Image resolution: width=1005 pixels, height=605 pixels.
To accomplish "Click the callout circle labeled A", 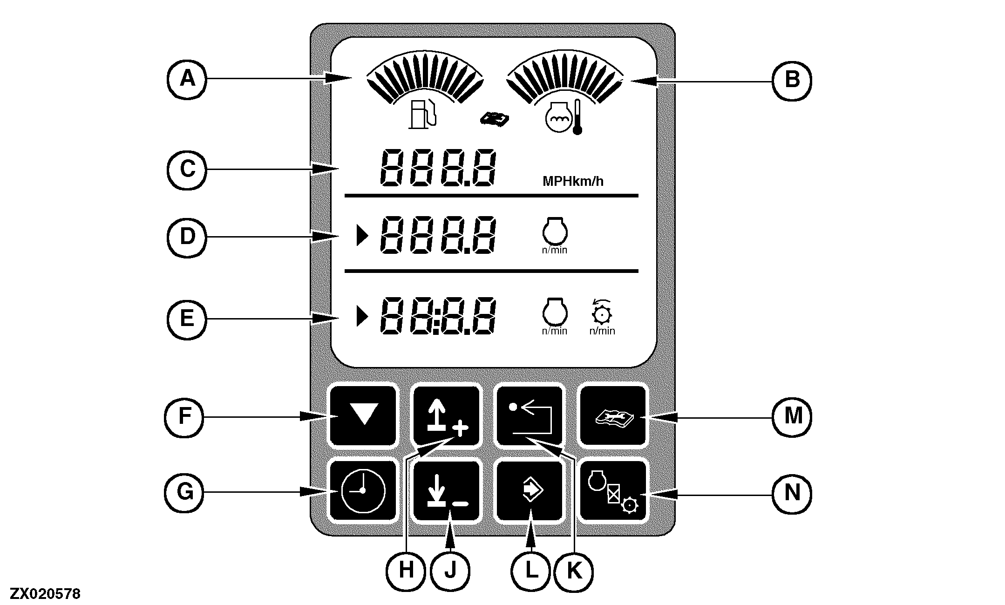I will pyautogui.click(x=187, y=79).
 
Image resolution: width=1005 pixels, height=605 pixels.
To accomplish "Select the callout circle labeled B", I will pyautogui.click(x=792, y=80).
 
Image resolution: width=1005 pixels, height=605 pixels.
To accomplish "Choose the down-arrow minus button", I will pyautogui.click(x=447, y=492).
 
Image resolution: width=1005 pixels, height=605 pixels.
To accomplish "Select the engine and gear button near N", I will pyautogui.click(x=613, y=492).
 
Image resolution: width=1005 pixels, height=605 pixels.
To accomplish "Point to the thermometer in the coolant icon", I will pyautogui.click(x=577, y=117).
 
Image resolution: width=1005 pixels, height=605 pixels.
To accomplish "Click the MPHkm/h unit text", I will pyautogui.click(x=573, y=181).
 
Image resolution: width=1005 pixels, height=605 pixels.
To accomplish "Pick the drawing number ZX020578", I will pyautogui.click(x=46, y=594).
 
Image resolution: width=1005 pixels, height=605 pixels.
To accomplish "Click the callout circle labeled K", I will pyautogui.click(x=574, y=571).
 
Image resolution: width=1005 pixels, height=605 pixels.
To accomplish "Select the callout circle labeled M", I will pyautogui.click(x=793, y=416).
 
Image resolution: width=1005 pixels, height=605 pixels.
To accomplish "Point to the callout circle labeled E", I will pyautogui.click(x=187, y=319).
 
